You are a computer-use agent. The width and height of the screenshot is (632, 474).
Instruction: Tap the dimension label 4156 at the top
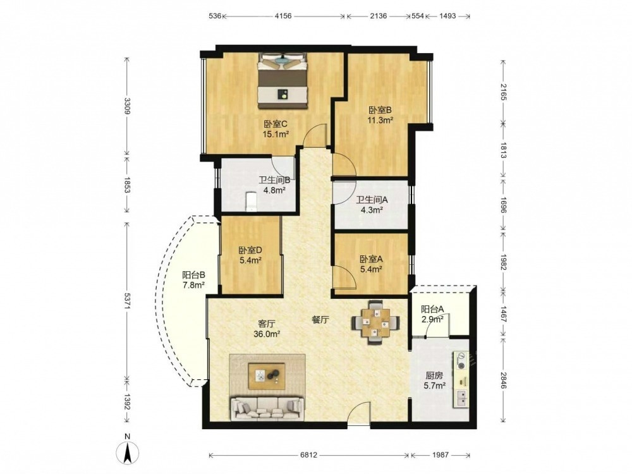click(x=283, y=16)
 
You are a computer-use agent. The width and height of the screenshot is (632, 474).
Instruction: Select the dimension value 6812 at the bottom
click(x=309, y=454)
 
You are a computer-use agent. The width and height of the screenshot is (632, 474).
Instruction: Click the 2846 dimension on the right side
click(x=503, y=380)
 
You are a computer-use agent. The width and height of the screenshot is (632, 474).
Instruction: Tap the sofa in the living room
click(x=266, y=409)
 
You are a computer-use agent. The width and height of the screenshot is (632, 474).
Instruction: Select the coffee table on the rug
click(x=267, y=376)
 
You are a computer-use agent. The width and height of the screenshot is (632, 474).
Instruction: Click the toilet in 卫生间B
click(x=252, y=202)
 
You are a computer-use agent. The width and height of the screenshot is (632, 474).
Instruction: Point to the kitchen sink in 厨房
click(x=462, y=398)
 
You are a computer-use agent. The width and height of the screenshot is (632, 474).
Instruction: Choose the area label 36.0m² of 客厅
click(x=267, y=334)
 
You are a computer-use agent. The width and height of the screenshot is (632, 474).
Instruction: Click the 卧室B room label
click(x=380, y=110)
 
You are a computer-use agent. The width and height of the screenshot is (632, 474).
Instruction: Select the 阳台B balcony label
click(x=194, y=276)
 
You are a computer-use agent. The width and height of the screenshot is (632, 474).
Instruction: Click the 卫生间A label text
click(x=372, y=200)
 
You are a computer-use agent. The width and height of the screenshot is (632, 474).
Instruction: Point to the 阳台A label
click(x=432, y=310)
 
